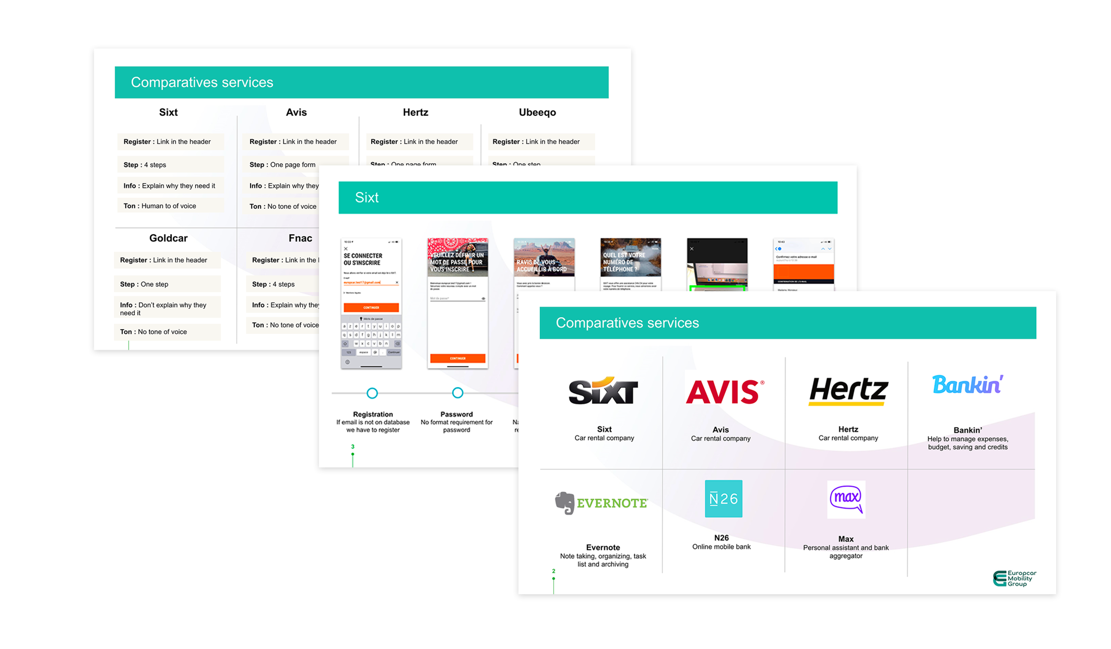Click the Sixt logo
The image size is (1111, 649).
click(603, 391)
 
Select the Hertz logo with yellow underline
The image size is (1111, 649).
click(848, 391)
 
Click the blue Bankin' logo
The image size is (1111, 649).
click(967, 385)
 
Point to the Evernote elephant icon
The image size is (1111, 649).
click(564, 503)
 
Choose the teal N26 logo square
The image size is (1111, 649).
click(723, 499)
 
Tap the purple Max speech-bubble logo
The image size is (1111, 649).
click(846, 499)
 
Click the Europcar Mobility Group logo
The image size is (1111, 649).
click(1014, 578)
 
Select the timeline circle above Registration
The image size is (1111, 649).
click(372, 393)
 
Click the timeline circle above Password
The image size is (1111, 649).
click(457, 393)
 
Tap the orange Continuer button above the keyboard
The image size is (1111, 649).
click(371, 307)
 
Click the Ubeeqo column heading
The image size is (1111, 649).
click(537, 112)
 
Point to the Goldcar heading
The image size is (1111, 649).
click(168, 238)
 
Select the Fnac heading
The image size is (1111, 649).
click(300, 238)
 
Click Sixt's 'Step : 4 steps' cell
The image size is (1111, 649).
click(170, 165)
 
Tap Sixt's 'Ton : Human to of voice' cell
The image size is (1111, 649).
click(170, 206)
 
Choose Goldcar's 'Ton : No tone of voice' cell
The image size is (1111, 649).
click(167, 332)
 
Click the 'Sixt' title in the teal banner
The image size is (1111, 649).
click(367, 198)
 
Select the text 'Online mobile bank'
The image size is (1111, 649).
click(721, 547)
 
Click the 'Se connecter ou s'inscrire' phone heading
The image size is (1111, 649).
click(363, 259)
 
